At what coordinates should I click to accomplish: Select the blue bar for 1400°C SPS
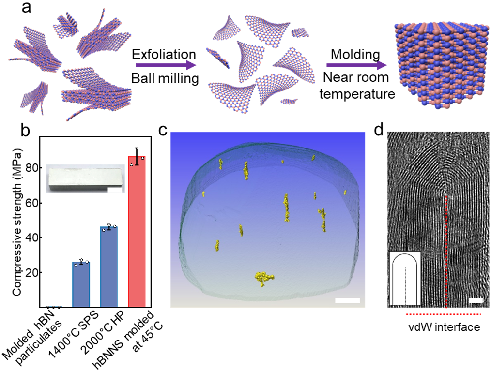(x=81, y=285)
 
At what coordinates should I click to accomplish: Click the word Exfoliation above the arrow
(x=166, y=54)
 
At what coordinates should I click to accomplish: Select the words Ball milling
(x=166, y=78)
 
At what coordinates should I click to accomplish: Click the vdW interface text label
(x=443, y=327)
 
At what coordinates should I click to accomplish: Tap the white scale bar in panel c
(x=347, y=300)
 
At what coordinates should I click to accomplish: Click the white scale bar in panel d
(x=476, y=300)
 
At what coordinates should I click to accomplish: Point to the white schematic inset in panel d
(x=405, y=279)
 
